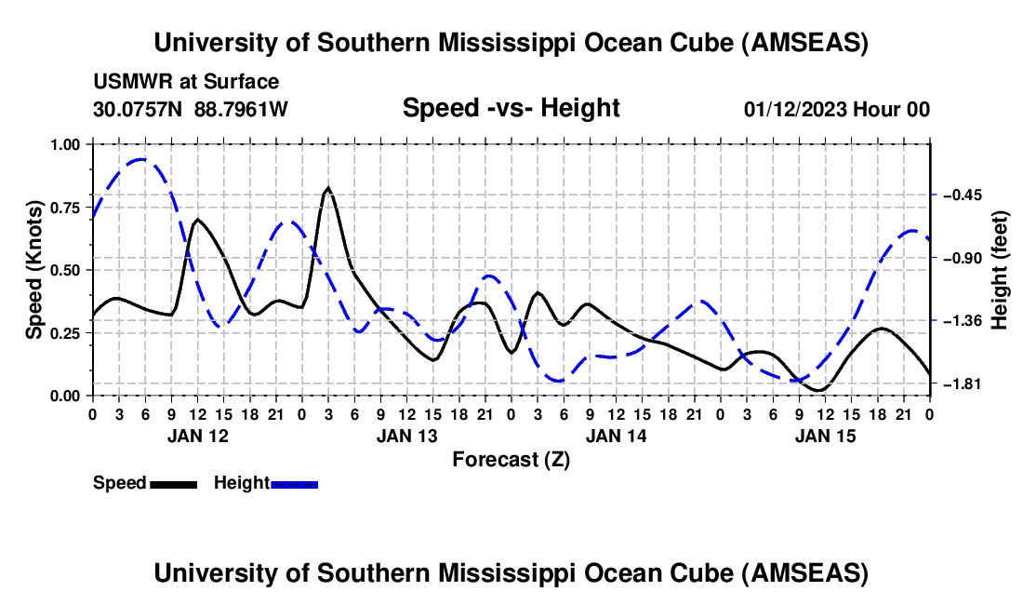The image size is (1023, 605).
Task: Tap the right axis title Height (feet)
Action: pyautogui.click(x=1000, y=270)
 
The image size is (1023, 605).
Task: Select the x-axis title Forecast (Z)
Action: pyautogui.click(x=511, y=459)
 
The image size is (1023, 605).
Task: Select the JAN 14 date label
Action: pyautogui.click(x=615, y=436)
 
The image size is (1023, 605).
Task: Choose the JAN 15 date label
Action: pyautogui.click(x=824, y=436)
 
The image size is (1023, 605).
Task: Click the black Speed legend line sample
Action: pyautogui.click(x=173, y=483)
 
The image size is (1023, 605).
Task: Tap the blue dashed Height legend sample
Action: pyautogui.click(x=294, y=483)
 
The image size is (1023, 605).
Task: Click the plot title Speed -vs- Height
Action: pyautogui.click(x=511, y=108)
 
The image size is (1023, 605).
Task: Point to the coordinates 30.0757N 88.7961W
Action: pyautogui.click(x=191, y=109)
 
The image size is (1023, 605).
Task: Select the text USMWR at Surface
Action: pyautogui.click(x=186, y=82)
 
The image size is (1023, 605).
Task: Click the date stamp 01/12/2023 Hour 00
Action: pyautogui.click(x=837, y=109)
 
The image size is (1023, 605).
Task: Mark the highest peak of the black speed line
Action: pyautogui.click(x=328, y=188)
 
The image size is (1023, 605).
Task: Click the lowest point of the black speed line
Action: pyautogui.click(x=818, y=390)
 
